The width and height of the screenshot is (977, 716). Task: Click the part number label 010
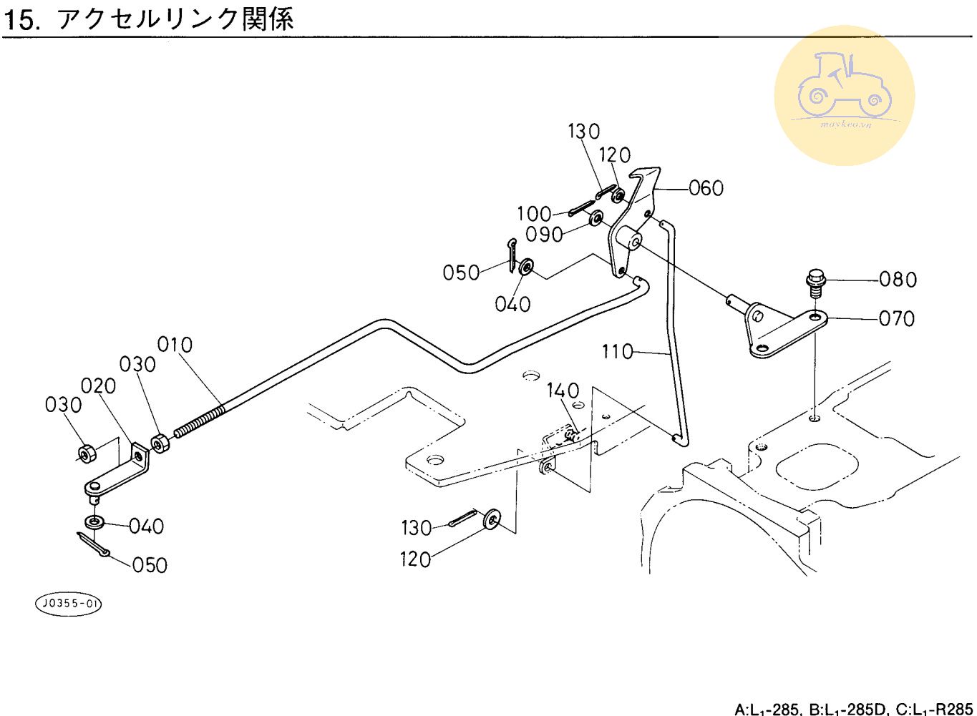175,345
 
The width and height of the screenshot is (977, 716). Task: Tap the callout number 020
99,386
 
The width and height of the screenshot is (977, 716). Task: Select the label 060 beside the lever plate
706,188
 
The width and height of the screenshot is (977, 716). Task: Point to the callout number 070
897,318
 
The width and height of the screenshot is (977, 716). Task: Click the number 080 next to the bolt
898,279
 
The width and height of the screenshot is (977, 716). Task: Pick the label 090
544,235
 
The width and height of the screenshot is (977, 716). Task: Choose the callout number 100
535,214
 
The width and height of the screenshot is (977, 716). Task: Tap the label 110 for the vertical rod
618,352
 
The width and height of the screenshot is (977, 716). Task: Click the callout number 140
563,391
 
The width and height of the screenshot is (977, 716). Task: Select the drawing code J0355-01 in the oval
69,604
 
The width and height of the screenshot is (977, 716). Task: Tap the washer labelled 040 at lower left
93,521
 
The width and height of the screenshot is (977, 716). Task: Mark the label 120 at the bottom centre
416,559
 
